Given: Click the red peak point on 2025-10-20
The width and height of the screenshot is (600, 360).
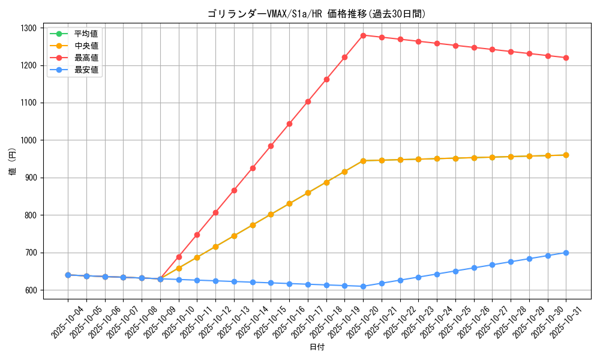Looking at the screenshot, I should (363, 35).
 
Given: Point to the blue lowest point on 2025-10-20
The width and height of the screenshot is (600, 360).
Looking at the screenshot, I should (363, 286).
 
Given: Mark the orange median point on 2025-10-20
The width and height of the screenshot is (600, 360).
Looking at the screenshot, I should (363, 161).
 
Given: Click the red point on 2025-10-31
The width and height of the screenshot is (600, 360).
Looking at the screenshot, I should (566, 58).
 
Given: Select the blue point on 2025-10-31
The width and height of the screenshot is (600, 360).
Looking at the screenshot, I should (566, 253).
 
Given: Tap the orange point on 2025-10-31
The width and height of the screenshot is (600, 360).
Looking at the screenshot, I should (566, 155).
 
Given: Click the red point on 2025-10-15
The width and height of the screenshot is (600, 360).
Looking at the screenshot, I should (271, 146).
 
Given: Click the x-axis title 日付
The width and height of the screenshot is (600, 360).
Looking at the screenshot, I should (317, 347).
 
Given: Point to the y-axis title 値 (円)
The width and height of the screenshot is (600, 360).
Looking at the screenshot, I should (12, 163).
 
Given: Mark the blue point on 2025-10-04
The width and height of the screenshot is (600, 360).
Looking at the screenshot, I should (68, 275).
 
